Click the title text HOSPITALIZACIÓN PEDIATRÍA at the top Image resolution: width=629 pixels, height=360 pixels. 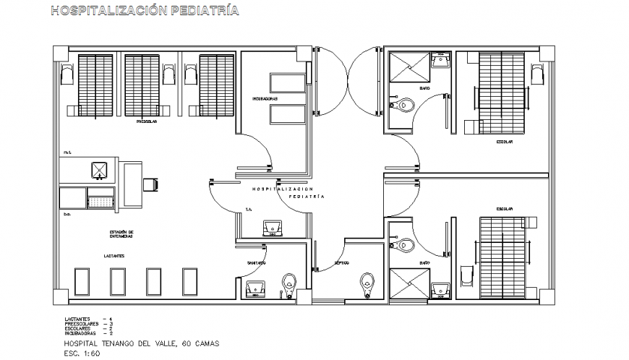(142, 11)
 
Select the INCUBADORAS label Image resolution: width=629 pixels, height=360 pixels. (265, 98)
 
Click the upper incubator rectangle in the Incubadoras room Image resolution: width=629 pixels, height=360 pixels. (288, 82)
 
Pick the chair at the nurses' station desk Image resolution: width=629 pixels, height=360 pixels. (153, 184)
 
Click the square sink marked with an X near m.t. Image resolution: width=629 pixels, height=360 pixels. (99, 171)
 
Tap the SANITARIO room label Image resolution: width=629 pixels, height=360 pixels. (257, 262)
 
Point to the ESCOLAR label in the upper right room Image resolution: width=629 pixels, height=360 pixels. (504, 142)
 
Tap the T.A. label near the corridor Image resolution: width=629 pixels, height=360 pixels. (247, 210)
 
